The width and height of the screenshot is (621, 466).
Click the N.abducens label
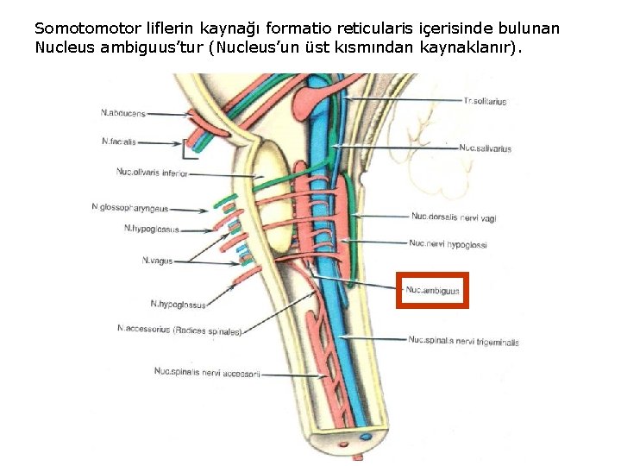[x=123, y=112]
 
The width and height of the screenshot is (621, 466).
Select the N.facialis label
[x=119, y=141]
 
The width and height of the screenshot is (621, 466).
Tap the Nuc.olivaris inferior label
[x=151, y=173]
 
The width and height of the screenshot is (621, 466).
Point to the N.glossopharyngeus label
[x=129, y=208]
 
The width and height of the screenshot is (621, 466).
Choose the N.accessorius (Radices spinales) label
[x=179, y=330]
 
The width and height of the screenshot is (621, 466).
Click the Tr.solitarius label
[x=485, y=101]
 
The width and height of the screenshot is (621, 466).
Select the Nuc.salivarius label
[x=485, y=148]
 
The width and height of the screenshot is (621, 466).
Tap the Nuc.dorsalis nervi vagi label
[x=454, y=217]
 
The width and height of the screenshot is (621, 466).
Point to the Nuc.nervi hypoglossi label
[x=448, y=244]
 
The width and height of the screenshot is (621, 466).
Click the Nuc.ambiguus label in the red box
[x=432, y=291]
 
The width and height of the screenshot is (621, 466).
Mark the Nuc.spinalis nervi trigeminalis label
[x=463, y=342]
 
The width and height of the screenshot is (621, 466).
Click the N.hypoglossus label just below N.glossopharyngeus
[x=151, y=229]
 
